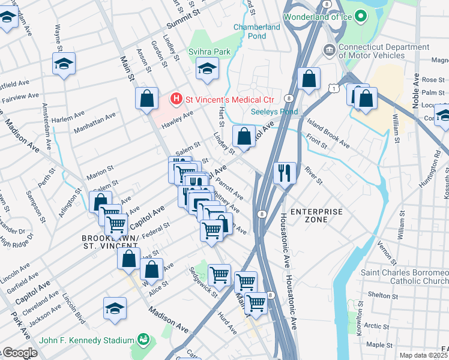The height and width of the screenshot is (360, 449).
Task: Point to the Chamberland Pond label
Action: (257, 31)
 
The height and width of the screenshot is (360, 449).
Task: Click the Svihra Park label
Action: (210, 52)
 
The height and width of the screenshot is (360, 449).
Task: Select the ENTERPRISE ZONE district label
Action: (316, 215)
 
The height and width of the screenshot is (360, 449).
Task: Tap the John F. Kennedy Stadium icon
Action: (143, 340)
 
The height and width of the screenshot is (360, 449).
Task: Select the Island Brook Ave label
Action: (328, 135)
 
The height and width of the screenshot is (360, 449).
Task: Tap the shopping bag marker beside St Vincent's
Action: (146, 99)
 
